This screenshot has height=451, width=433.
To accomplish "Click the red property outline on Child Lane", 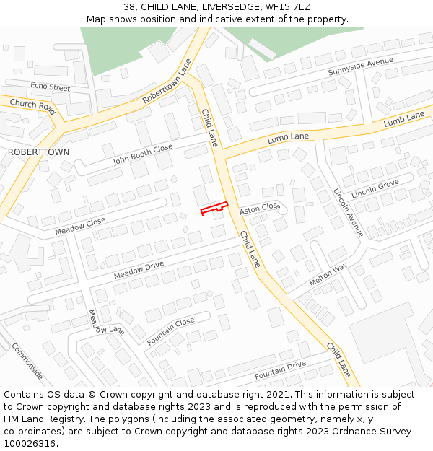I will pos(214,209).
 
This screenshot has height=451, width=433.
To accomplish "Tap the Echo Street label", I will pos(50,87).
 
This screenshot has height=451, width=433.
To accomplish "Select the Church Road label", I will pos(32,106).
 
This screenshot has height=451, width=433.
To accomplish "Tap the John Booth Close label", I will pos(143,154).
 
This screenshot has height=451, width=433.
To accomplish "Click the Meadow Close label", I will pos(80,227).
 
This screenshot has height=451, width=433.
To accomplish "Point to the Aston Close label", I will pos(259,208).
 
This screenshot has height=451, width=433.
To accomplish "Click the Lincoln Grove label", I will pos(375,190).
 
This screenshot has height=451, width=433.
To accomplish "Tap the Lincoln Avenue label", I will pos(348,213).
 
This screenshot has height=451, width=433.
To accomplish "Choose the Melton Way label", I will pos(328,275).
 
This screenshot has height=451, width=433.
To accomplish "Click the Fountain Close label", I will pos(171,330).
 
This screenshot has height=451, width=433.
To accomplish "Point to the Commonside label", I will pos(27,361).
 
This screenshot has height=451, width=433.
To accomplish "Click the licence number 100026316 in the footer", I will pos(30,444).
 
